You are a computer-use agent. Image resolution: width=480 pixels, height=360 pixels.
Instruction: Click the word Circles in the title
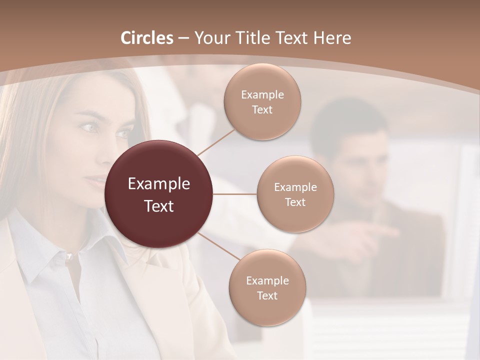[147, 38]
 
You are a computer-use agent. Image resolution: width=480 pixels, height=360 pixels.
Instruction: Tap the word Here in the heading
[332, 38]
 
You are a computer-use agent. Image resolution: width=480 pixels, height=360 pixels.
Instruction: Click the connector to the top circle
[216, 142]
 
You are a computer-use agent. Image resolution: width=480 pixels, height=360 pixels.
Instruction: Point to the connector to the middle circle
[235, 194]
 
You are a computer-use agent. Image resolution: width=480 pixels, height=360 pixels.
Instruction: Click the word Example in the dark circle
[159, 184]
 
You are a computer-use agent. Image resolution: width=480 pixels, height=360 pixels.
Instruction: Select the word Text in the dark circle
[159, 206]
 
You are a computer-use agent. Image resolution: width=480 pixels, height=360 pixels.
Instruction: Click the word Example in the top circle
[262, 95]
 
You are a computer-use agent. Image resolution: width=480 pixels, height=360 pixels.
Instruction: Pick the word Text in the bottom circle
[267, 296]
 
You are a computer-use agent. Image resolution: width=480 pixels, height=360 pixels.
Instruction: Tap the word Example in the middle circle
[295, 187]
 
